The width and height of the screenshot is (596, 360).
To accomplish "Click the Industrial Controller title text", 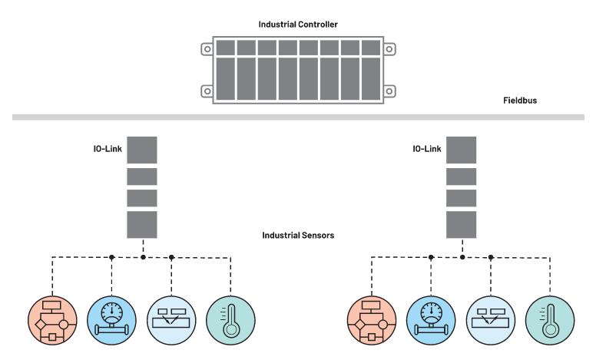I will [297, 25].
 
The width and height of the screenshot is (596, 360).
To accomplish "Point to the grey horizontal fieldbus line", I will [298, 118].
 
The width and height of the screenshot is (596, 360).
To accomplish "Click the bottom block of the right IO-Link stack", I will [462, 223].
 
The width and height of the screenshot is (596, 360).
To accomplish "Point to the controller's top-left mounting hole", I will [206, 49].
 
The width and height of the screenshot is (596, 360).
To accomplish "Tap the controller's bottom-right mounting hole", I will [389, 91].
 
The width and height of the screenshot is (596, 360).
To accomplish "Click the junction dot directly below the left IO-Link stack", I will [143, 256].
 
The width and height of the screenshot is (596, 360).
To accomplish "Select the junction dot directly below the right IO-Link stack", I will [462, 256].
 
